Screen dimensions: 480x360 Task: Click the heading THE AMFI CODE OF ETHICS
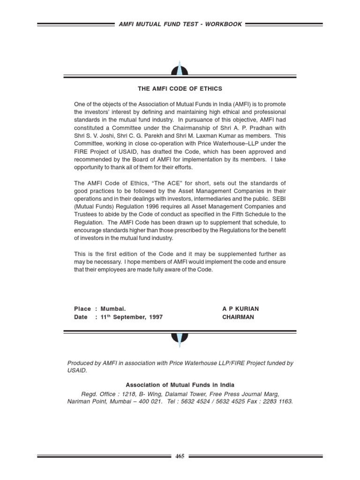pyautogui.click(x=180, y=89)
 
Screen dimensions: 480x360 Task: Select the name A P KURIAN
pyautogui.click(x=240, y=309)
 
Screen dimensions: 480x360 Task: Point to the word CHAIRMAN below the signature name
pyautogui.click(x=238, y=317)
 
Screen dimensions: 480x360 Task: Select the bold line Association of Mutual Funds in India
pyautogui.click(x=180, y=385)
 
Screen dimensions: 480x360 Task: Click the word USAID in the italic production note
pyautogui.click(x=77, y=370)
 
